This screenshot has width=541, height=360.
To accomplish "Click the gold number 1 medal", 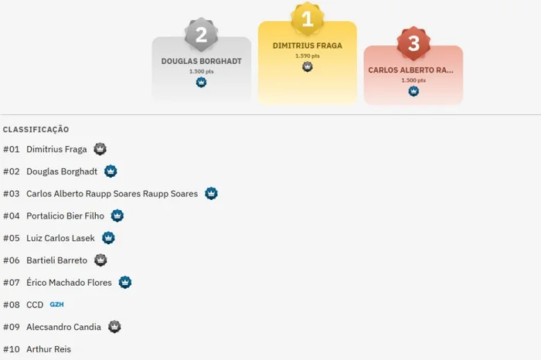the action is pyautogui.click(x=307, y=19).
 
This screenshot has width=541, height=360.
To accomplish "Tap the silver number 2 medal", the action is pyautogui.click(x=201, y=35).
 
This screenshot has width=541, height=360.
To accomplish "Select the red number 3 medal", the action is pyautogui.click(x=413, y=43).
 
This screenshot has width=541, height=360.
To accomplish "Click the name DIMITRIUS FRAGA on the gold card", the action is pyautogui.click(x=307, y=46).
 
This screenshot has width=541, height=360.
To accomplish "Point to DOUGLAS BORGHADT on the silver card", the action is pyautogui.click(x=201, y=61).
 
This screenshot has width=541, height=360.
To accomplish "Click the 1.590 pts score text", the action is pyautogui.click(x=307, y=56).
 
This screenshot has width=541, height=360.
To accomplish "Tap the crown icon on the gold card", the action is pyautogui.click(x=307, y=66).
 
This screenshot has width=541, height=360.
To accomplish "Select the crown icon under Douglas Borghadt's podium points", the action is pyautogui.click(x=201, y=82).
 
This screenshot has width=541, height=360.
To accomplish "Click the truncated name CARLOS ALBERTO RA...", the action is pyautogui.click(x=410, y=70).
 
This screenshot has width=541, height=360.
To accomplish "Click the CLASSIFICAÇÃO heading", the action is pyautogui.click(x=36, y=129).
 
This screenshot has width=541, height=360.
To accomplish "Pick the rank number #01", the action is pyautogui.click(x=12, y=149).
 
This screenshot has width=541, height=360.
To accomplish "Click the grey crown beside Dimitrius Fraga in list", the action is pyautogui.click(x=100, y=149).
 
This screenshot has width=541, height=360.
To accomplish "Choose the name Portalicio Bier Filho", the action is pyautogui.click(x=65, y=216).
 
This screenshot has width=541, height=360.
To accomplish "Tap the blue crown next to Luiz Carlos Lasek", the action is pyautogui.click(x=108, y=238).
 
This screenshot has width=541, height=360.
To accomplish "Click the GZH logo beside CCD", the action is pyautogui.click(x=56, y=304).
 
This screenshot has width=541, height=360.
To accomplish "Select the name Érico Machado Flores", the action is pyautogui.click(x=69, y=283).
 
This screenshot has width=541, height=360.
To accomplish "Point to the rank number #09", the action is pyautogui.click(x=12, y=327).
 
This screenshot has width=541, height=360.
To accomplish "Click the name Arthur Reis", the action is pyautogui.click(x=49, y=349).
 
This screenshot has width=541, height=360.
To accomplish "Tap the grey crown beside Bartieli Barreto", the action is pyautogui.click(x=100, y=260).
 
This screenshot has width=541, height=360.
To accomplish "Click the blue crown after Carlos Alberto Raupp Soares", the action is pyautogui.click(x=211, y=193).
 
